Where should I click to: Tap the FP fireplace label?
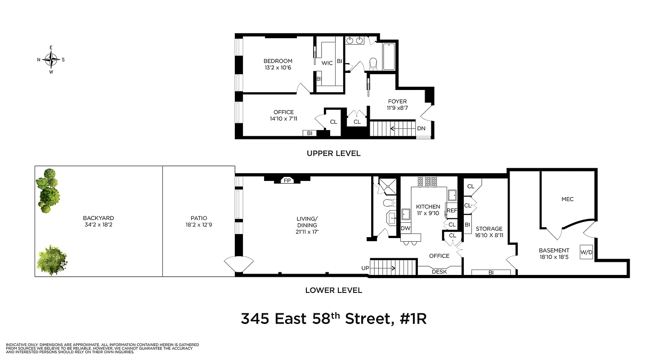[287, 180]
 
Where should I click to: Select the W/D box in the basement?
[586, 252]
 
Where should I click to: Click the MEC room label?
[567, 199]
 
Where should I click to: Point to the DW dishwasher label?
[405, 228]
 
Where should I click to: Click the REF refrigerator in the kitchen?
[451, 210]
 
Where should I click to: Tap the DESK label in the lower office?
[439, 271]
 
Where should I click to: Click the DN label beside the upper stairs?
[421, 128]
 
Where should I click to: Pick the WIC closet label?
[327, 63]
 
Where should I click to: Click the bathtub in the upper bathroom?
[389, 57]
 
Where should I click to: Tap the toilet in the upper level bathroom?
[373, 64]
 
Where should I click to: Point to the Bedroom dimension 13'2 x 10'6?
[278, 68]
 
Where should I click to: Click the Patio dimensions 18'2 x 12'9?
[198, 224]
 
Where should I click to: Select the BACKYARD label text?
[98, 218]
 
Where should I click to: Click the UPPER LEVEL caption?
[333, 153]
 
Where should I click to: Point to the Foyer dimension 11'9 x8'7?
[396, 108]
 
